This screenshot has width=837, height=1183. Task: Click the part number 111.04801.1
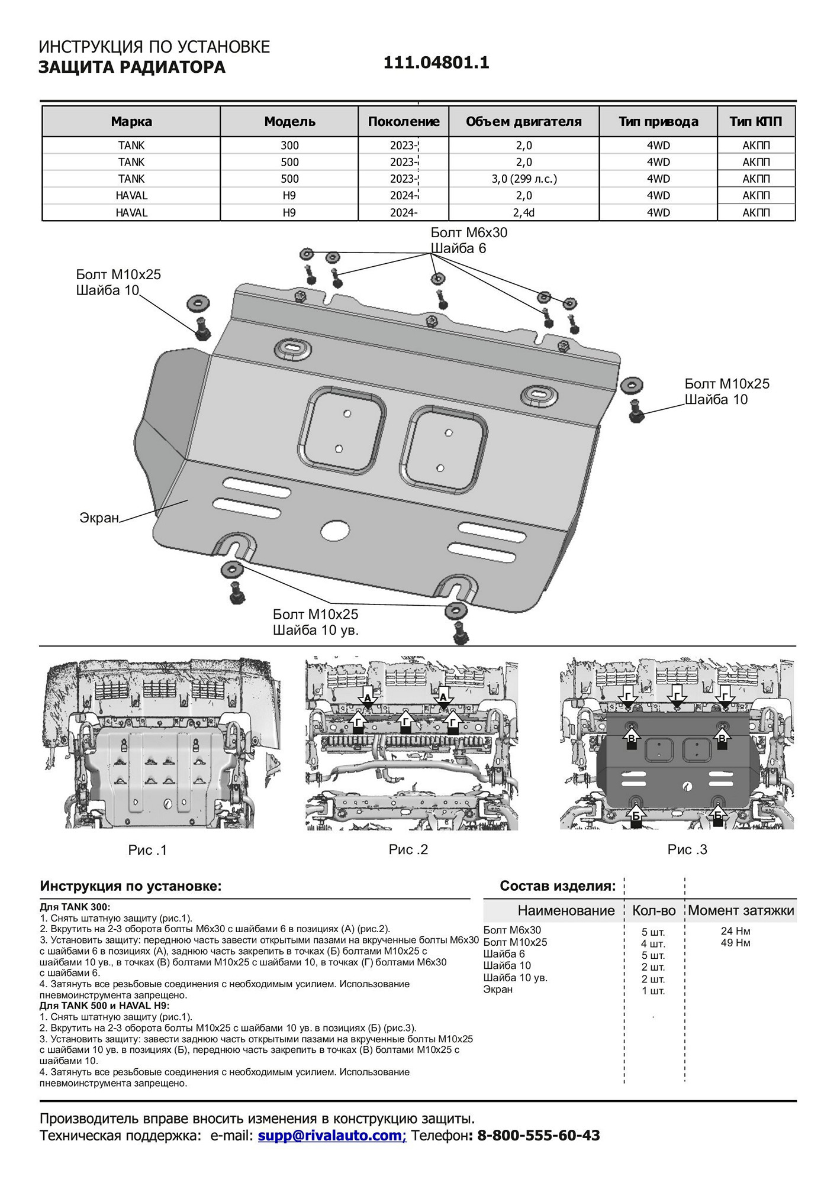pyautogui.click(x=436, y=63)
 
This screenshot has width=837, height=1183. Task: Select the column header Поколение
pyautogui.click(x=404, y=122)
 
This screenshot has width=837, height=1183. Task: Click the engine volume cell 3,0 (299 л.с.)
pyautogui.click(x=524, y=179)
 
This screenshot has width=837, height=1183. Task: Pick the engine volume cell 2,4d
pyautogui.click(x=524, y=212)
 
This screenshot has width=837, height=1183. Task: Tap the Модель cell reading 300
pyautogui.click(x=289, y=146)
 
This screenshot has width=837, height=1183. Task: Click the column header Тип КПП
pyautogui.click(x=755, y=122)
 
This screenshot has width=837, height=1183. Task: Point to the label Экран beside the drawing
pyautogui.click(x=99, y=518)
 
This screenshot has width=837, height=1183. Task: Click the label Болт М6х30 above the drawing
pyautogui.click(x=469, y=232)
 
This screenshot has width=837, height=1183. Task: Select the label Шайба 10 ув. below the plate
pyautogui.click(x=316, y=631)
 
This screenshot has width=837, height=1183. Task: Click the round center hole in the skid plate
pyautogui.click(x=335, y=530)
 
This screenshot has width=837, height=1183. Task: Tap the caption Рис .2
pyautogui.click(x=408, y=849)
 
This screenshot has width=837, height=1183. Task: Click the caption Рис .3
pyautogui.click(x=687, y=849)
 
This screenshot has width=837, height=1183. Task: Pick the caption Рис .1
pyautogui.click(x=147, y=850)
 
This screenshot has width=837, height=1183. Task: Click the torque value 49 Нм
pyautogui.click(x=735, y=943)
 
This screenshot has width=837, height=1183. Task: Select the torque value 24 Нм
pyautogui.click(x=735, y=931)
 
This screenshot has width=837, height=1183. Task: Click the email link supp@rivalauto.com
pyautogui.click(x=330, y=1135)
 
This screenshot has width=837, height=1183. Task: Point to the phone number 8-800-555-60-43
pyautogui.click(x=538, y=1135)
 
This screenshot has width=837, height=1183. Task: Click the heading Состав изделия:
pyautogui.click(x=558, y=886)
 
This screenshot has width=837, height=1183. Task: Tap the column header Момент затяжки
pyautogui.click(x=741, y=910)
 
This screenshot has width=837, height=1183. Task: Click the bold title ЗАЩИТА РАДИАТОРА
pyautogui.click(x=132, y=67)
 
